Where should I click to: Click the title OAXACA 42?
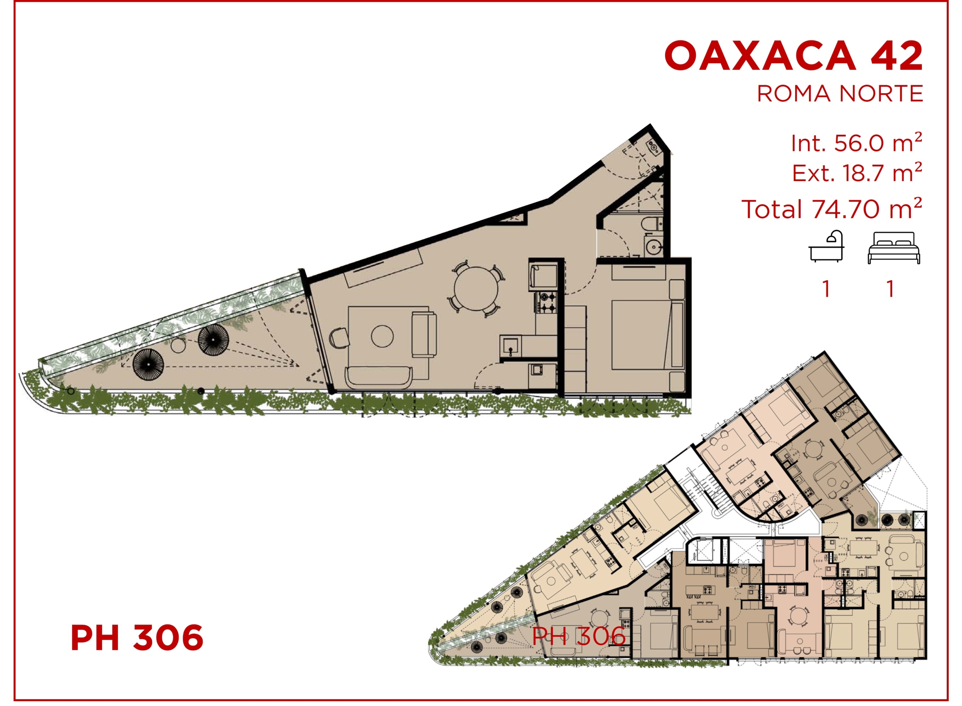794,56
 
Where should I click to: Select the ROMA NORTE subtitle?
840,94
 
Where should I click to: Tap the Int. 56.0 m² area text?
856,142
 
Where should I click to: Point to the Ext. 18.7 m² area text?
857,173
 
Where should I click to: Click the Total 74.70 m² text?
832,208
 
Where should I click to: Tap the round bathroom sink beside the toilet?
654,247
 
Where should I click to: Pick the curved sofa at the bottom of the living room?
379,377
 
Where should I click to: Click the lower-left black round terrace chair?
148,364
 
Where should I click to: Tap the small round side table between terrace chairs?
178,344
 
